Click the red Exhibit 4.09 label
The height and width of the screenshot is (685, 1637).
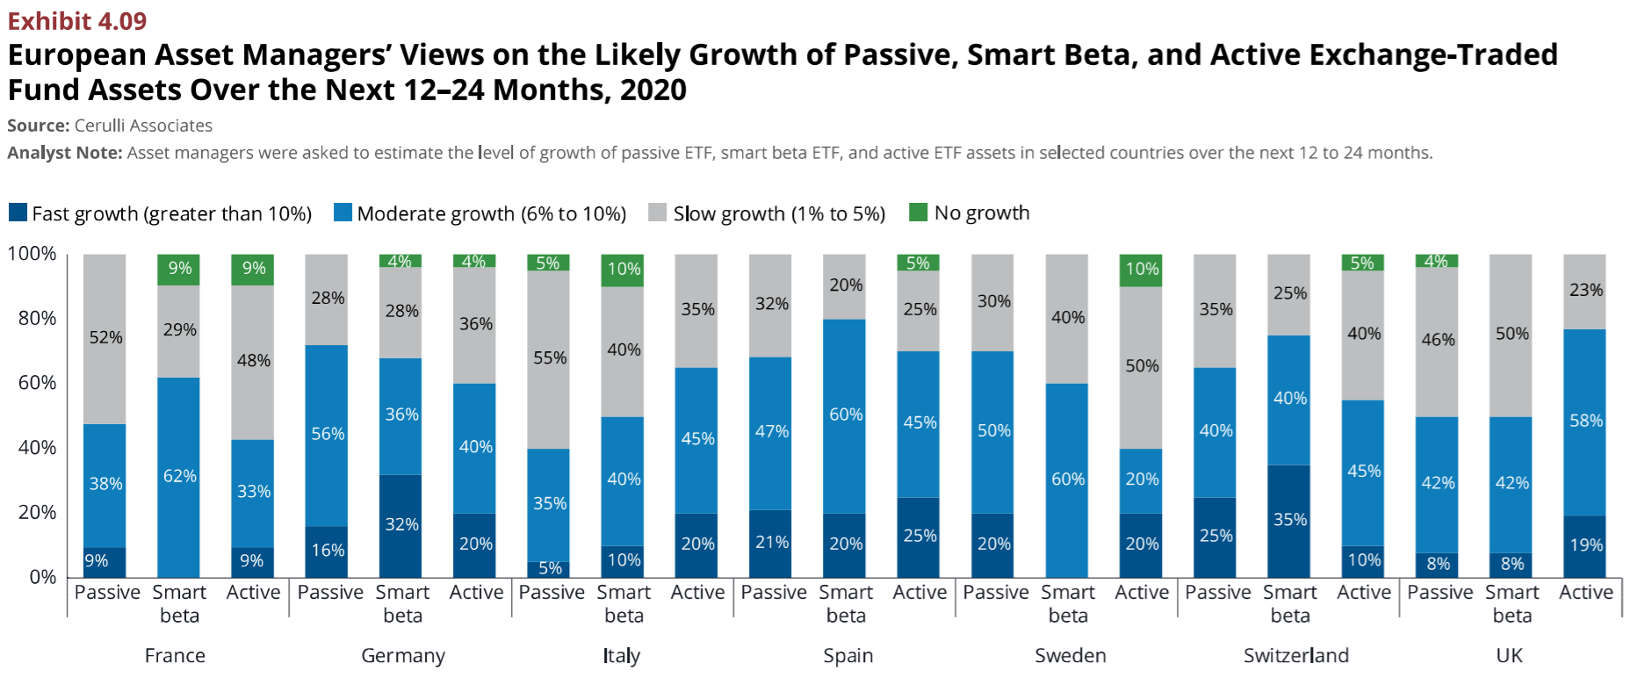77,20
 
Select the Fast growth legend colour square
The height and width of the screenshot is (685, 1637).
18,213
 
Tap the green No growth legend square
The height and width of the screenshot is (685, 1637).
918,213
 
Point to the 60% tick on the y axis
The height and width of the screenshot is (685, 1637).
37,383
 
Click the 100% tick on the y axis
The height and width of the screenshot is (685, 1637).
32,254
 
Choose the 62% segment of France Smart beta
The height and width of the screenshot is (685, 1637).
179,477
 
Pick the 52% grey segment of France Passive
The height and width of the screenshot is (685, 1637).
105,339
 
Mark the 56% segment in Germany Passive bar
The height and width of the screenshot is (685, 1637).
327,435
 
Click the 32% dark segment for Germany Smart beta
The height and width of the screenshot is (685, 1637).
401,525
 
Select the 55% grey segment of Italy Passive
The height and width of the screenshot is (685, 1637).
549,359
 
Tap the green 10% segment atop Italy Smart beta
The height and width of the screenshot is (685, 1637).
623,270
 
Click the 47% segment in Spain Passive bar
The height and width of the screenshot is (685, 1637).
771,432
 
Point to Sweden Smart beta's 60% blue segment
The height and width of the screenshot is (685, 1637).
1067,479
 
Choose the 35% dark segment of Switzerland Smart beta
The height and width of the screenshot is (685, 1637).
1289,520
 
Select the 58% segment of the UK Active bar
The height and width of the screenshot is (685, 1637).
1585,422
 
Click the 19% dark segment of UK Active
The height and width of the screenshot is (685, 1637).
1585,545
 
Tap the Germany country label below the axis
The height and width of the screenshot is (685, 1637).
403,656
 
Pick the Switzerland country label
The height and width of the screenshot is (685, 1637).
1295,656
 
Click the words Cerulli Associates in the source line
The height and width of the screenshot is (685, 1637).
143,126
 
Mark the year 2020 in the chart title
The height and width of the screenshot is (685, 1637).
653,90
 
